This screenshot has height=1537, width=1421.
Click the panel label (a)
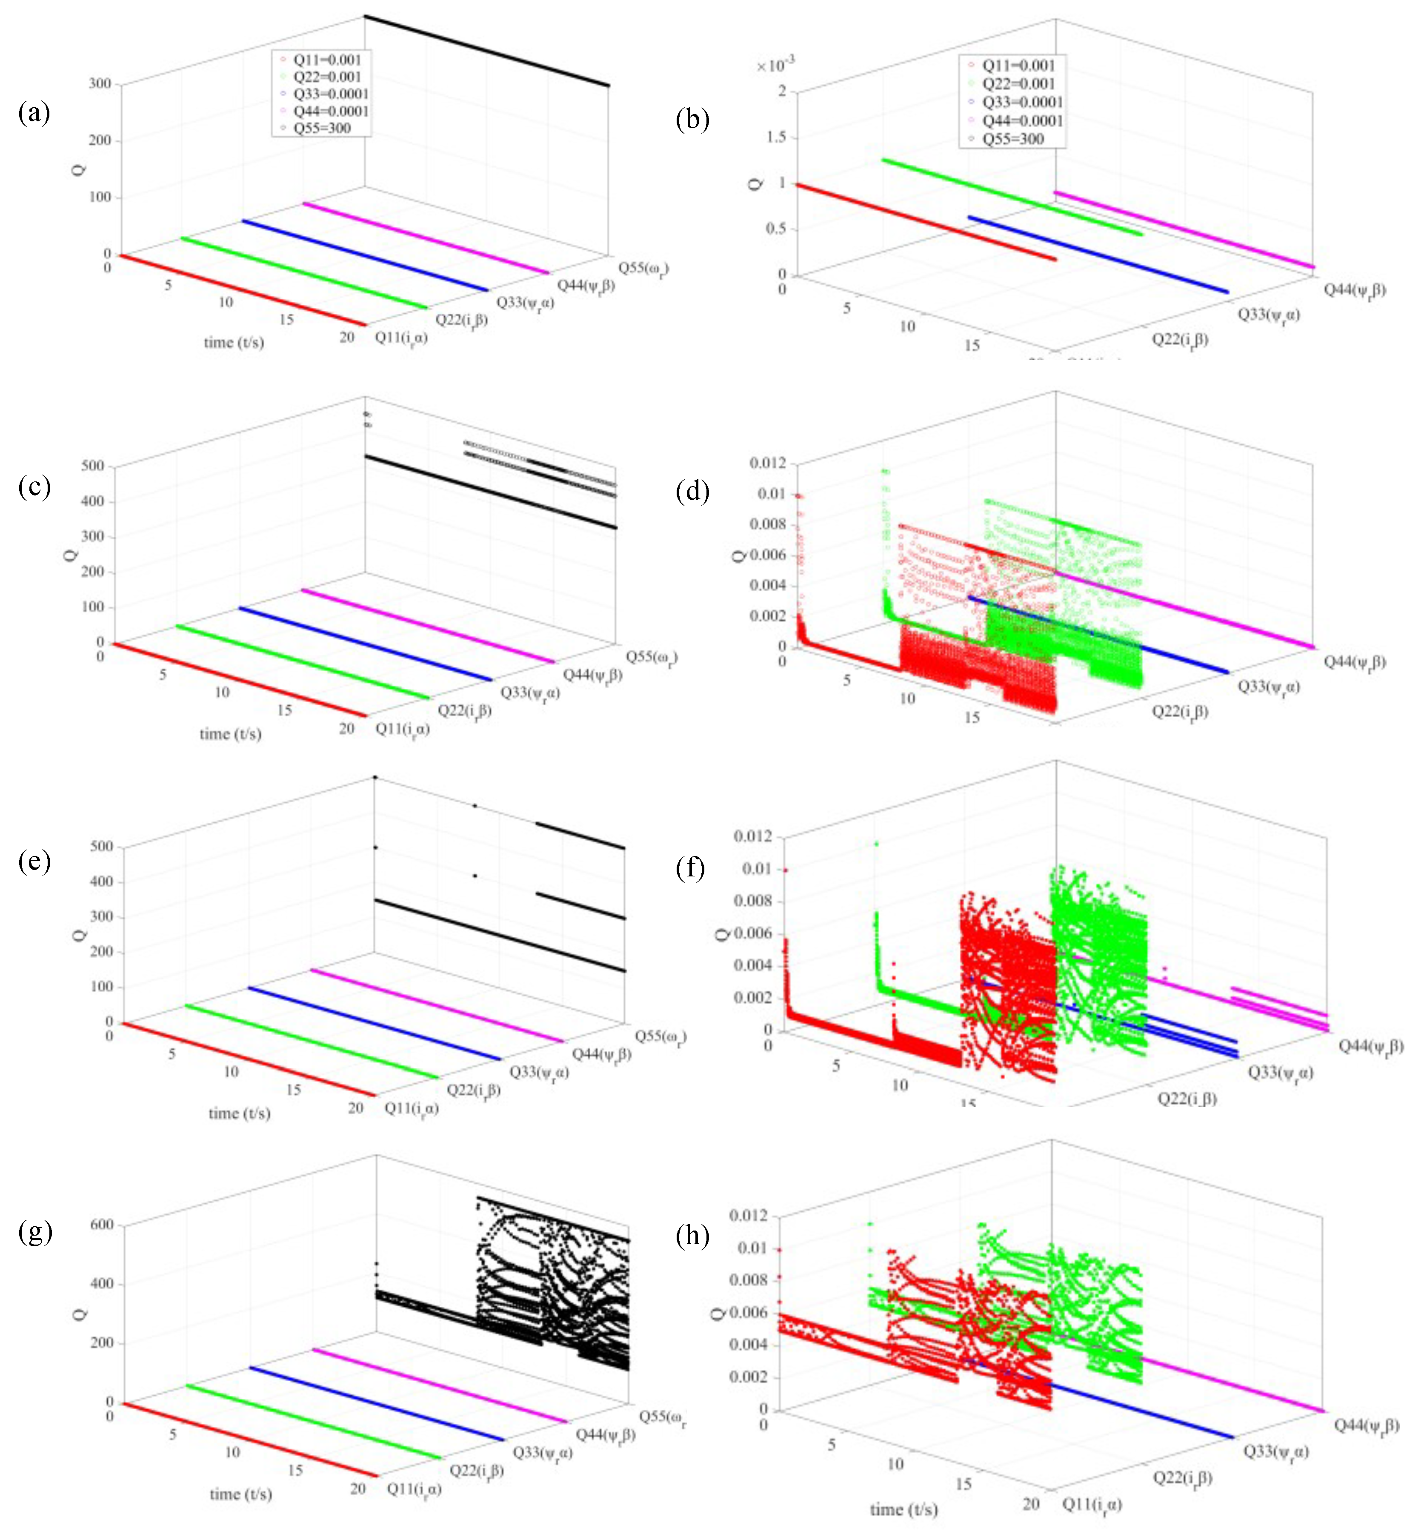34,113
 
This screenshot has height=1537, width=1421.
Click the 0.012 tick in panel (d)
768,463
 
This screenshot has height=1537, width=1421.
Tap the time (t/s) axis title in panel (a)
234,342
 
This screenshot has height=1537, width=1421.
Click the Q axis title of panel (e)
80,935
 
